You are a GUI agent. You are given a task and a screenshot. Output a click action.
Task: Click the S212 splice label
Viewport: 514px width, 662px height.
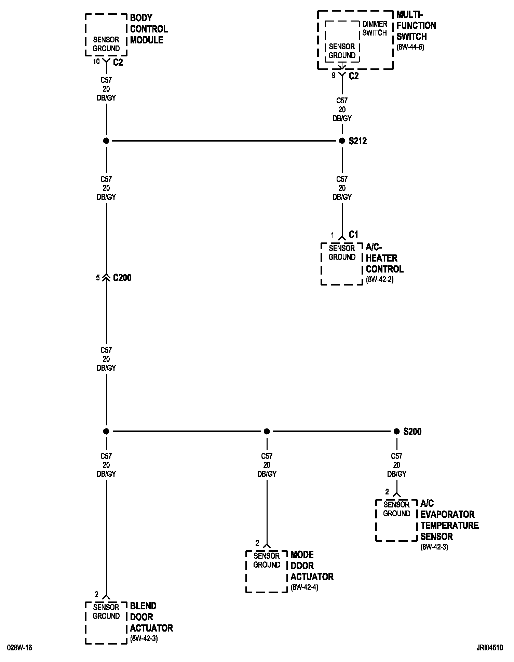[x=357, y=141]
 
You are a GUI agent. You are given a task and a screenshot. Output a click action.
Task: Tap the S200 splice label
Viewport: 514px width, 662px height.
[x=412, y=432]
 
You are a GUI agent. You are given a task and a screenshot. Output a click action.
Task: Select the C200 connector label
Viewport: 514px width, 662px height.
[x=122, y=278]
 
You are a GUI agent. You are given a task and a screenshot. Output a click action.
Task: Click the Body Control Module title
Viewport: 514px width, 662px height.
[x=149, y=29]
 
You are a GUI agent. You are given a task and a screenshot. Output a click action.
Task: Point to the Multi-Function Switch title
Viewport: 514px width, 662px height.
[x=416, y=26]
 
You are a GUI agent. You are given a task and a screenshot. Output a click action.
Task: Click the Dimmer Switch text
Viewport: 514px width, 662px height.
[x=375, y=28]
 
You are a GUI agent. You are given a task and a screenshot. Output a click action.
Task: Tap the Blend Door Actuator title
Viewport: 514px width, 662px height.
[x=151, y=617]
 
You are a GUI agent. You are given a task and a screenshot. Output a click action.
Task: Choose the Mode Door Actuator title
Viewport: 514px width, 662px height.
[x=312, y=566]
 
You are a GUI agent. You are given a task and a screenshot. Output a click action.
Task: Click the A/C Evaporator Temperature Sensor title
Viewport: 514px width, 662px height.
[x=449, y=520]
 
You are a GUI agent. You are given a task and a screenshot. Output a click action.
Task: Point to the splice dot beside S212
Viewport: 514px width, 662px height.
[x=342, y=141]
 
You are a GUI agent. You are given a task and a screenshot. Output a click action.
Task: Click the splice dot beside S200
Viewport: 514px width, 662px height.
[x=396, y=432]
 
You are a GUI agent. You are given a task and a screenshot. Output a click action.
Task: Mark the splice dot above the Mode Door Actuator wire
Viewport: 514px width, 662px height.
[x=267, y=432]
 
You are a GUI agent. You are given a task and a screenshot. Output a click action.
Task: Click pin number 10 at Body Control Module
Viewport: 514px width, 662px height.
[x=96, y=62]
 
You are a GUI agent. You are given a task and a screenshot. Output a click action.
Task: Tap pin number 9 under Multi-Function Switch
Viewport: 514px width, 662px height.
[x=334, y=76]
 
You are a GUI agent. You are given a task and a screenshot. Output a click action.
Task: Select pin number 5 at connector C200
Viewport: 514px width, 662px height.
[x=98, y=278]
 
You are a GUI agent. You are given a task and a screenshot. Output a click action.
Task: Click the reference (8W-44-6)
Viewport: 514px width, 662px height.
[x=410, y=47]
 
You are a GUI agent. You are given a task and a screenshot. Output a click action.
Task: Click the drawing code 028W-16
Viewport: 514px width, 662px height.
[x=19, y=648]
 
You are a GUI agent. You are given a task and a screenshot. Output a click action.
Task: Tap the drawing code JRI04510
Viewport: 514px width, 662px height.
[x=490, y=648]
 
